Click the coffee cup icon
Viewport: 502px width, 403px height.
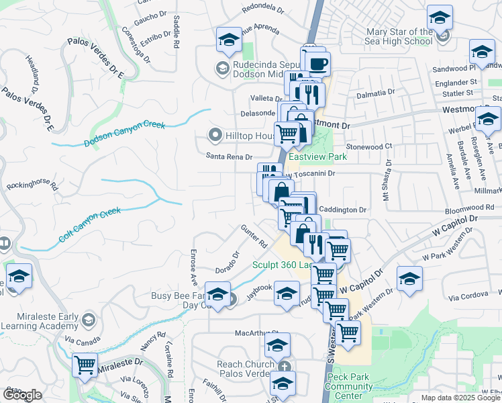point(318,64)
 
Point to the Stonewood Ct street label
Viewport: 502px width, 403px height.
point(368,146)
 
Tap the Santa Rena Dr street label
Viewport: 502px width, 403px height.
point(229,156)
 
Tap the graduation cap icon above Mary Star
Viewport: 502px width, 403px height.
point(440,17)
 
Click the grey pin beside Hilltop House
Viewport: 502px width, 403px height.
point(215,136)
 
